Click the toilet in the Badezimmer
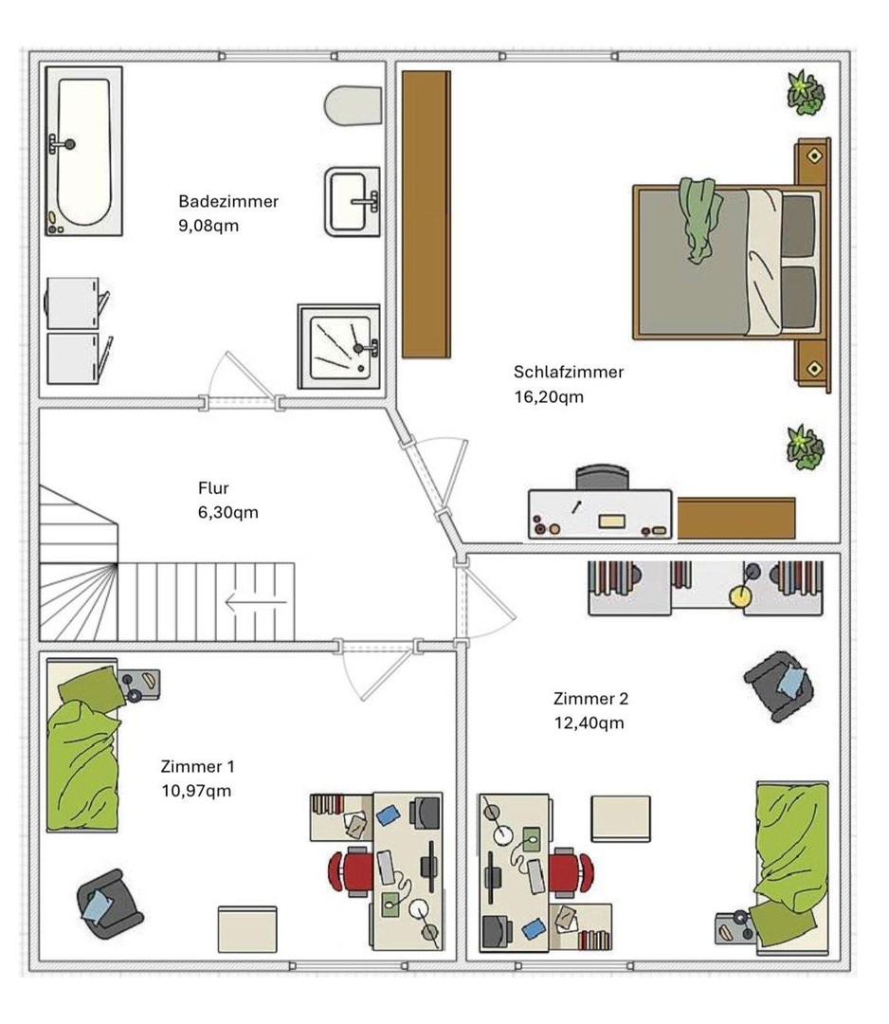click(354, 105)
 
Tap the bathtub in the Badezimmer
click(83, 151)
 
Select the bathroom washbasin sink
click(353, 201)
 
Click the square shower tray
click(338, 346)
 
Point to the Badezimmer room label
click(228, 201)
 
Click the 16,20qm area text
click(549, 396)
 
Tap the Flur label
click(213, 488)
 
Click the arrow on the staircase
click(256, 601)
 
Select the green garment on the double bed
click(699, 219)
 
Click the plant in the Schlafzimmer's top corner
click(806, 93)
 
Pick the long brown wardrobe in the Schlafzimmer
click(426, 214)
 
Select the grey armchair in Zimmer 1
click(109, 904)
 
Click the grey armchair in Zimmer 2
click(779, 686)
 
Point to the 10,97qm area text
click(196, 791)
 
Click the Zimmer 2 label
click(590, 698)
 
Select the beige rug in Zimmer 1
click(247, 928)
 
